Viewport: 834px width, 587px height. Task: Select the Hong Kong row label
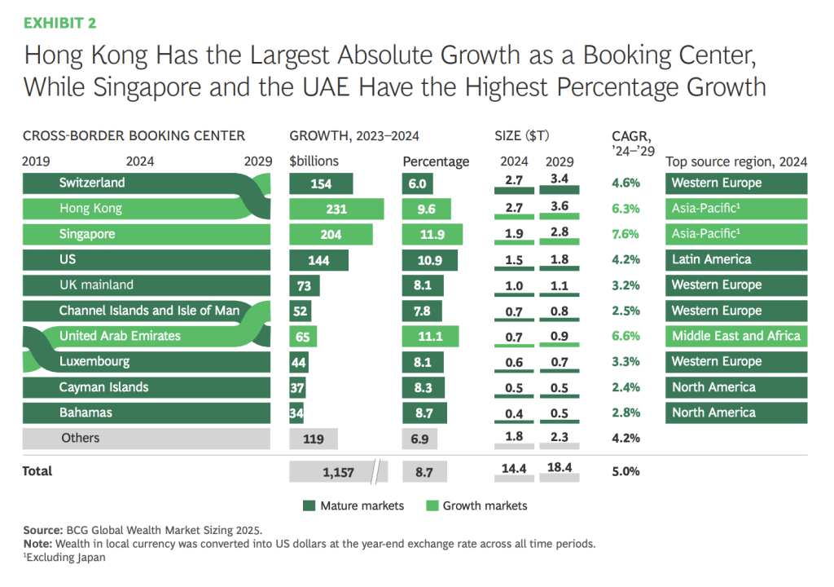coord(90,209)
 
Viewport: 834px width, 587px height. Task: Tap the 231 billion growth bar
coord(336,209)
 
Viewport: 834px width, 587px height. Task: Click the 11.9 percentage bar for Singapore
coord(432,235)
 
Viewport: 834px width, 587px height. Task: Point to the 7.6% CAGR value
coord(626,235)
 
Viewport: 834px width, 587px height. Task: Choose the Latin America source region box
coord(736,260)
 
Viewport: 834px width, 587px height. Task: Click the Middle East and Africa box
coord(736,336)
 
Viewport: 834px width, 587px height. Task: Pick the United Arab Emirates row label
coord(120,336)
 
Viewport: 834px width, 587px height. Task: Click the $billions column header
coord(314,161)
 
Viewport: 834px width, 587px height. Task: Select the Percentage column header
coord(437,161)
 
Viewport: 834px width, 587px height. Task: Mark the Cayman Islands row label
coord(103,387)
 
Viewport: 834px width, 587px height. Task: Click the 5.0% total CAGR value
coord(626,471)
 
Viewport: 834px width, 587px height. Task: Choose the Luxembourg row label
coord(94,361)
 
